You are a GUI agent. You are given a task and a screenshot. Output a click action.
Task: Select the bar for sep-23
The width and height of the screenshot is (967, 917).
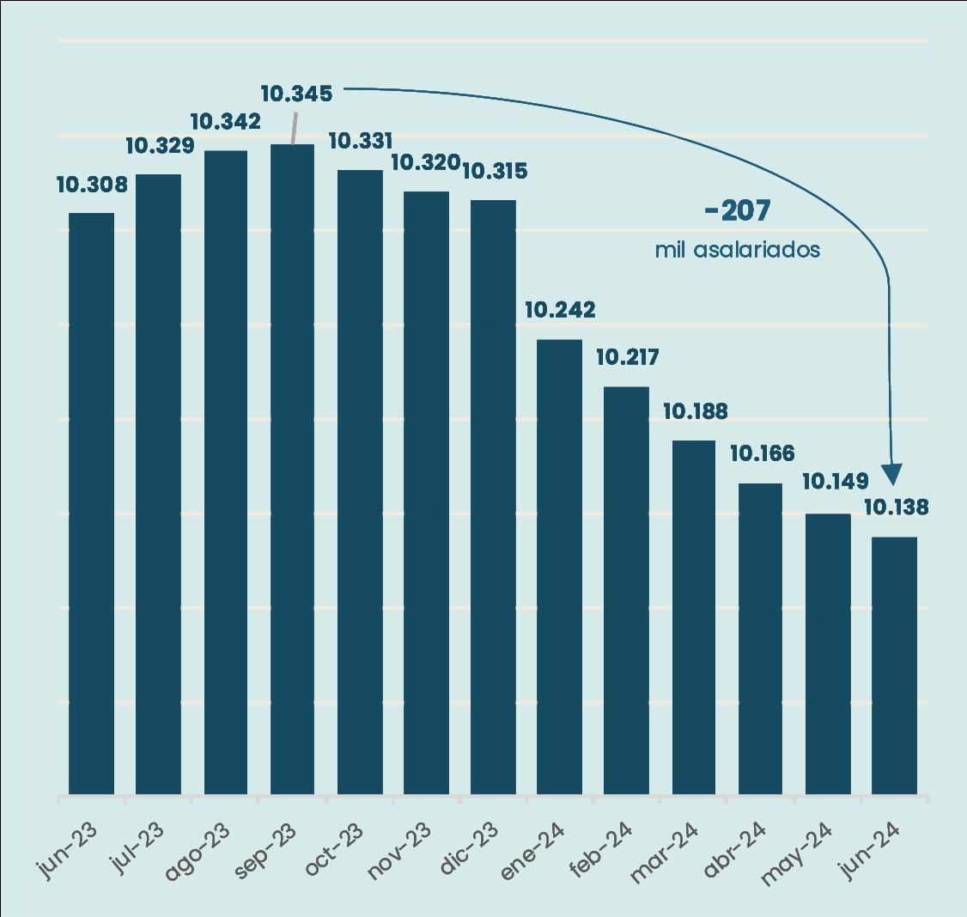(x=292, y=469)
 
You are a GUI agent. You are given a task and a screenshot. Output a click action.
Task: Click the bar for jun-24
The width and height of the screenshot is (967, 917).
(x=894, y=665)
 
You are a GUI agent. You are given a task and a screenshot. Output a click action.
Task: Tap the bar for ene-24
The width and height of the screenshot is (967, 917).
(x=559, y=567)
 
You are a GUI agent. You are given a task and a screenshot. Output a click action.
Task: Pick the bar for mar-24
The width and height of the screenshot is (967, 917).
(x=693, y=616)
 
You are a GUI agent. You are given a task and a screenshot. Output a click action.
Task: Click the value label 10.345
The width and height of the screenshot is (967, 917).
(x=296, y=94)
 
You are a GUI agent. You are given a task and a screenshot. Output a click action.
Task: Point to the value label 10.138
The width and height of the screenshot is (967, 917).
(x=896, y=507)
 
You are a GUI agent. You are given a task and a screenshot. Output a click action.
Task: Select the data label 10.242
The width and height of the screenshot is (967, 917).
(x=560, y=310)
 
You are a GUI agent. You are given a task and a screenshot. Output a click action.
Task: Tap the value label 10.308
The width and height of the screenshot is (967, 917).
(x=92, y=185)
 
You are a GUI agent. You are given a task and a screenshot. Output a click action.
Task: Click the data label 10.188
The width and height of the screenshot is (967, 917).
(x=695, y=411)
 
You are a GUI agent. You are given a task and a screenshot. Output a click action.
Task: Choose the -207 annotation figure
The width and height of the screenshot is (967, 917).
(x=737, y=211)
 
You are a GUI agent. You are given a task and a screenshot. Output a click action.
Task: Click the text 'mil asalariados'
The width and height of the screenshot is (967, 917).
(x=737, y=250)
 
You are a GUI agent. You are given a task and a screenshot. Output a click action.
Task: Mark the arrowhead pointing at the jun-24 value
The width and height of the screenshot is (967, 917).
(x=893, y=474)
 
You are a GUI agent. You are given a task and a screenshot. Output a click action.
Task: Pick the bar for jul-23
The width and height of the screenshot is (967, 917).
(x=158, y=484)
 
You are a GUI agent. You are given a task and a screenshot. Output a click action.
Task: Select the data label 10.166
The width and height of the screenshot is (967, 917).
(x=762, y=453)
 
